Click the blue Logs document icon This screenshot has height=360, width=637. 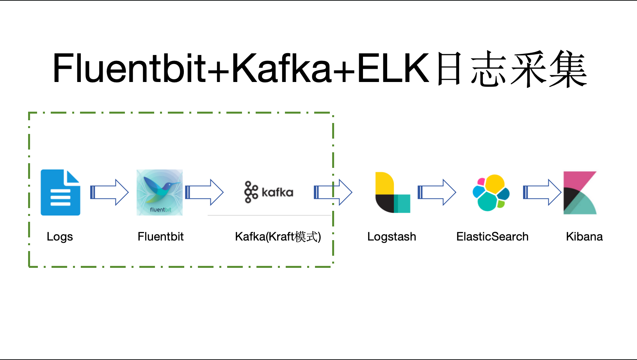click(x=60, y=192)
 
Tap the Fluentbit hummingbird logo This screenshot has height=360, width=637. click(x=160, y=192)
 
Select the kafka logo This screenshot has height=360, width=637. click(x=269, y=192)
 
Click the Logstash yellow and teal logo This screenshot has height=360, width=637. click(x=392, y=192)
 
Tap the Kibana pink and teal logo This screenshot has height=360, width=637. click(x=580, y=193)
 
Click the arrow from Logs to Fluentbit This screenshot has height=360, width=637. click(x=109, y=192)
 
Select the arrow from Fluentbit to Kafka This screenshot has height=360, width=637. click(x=204, y=192)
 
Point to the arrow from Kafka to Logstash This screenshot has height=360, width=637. click(x=333, y=192)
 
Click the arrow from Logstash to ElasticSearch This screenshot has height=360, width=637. click(x=437, y=192)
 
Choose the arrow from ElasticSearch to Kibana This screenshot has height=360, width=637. click(x=542, y=192)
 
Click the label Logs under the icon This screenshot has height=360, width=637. click(x=60, y=237)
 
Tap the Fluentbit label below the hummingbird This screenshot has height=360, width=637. click(x=160, y=237)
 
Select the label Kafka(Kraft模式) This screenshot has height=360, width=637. click(x=278, y=237)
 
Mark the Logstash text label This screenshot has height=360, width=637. click(x=391, y=237)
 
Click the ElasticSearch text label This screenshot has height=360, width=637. click(x=492, y=237)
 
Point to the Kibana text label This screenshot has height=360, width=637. click(x=584, y=237)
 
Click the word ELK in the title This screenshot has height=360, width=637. click(x=393, y=69)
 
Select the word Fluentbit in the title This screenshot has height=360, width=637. click(x=129, y=69)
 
